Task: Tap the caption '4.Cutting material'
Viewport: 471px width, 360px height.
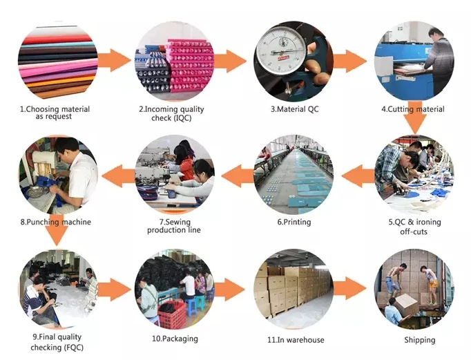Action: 413,109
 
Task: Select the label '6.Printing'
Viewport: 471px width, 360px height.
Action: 294,222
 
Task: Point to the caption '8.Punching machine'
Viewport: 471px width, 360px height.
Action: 55,222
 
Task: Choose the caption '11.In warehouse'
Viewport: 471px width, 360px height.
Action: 295,339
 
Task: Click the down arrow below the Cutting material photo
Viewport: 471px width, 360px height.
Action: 414,124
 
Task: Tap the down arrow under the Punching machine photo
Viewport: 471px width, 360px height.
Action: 56,237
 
